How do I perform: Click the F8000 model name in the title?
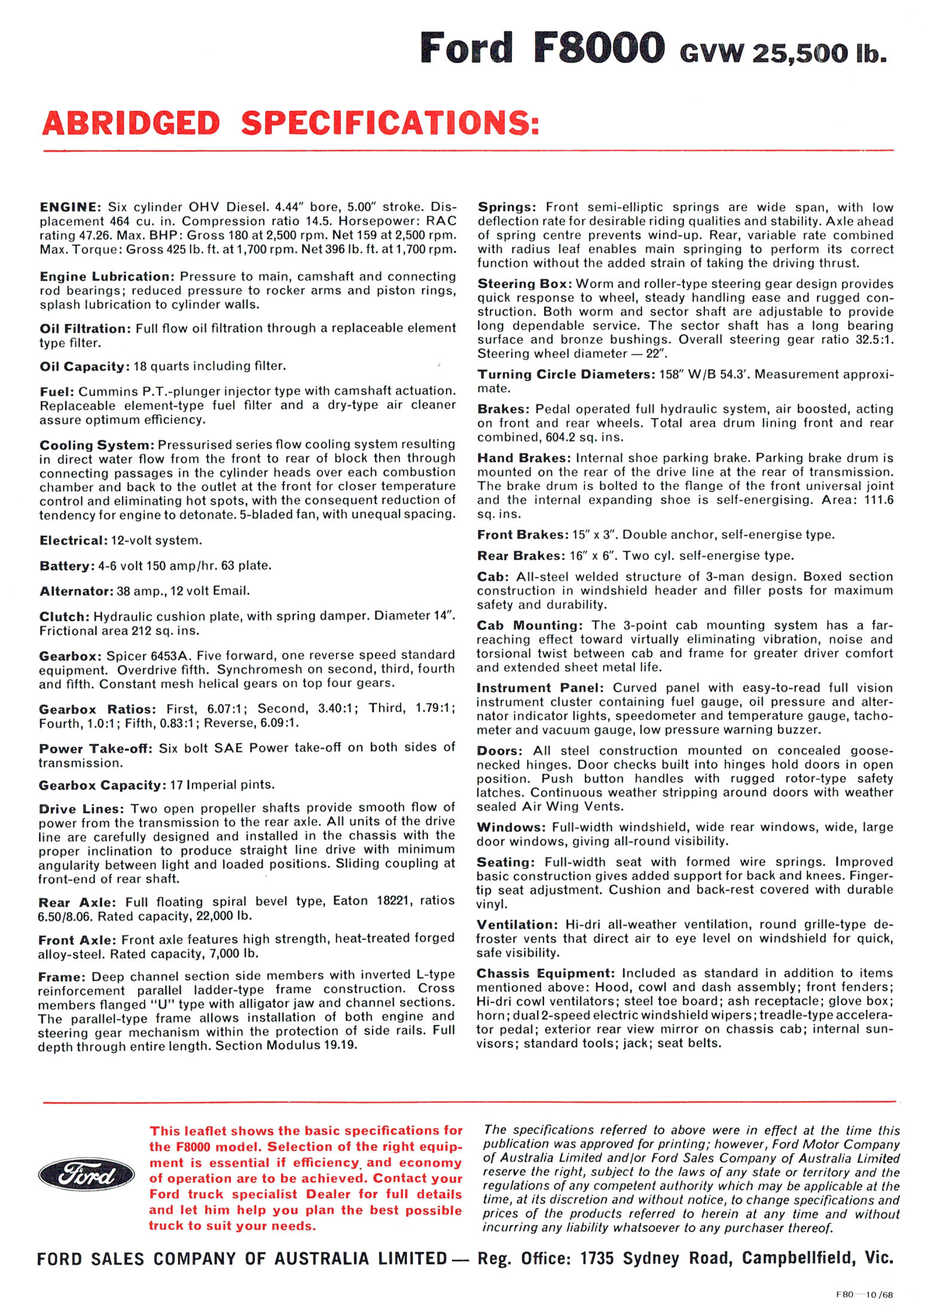pyautogui.click(x=598, y=48)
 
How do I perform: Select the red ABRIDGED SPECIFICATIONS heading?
pyautogui.click(x=291, y=123)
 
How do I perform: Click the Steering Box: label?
pyautogui.click(x=524, y=284)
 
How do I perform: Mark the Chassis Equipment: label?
pyautogui.click(x=545, y=973)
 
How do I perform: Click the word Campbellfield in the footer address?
pyautogui.click(x=799, y=1259)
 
